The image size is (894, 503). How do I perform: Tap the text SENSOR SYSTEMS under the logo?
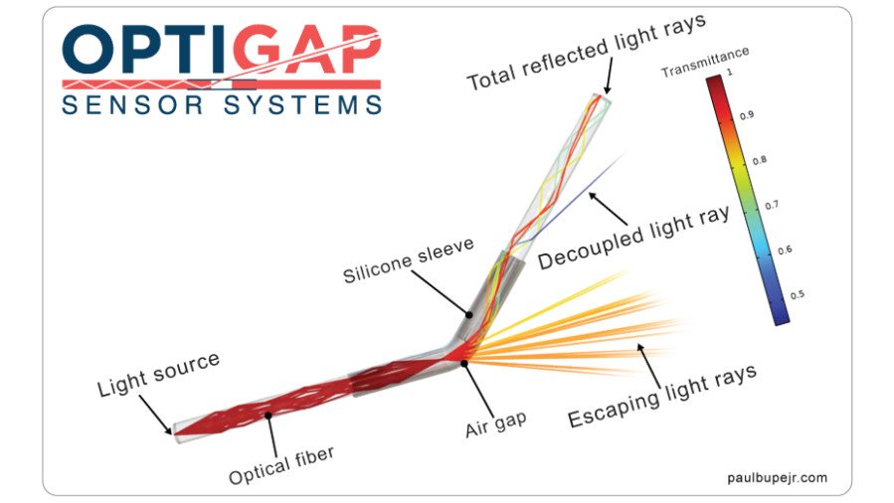221,104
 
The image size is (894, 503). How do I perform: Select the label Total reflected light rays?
587,51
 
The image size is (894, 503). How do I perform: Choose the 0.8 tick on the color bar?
746,160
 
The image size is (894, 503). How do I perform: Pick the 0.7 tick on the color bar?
746,204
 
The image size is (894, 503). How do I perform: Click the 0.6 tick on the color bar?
746,249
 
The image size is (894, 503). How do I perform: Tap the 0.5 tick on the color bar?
746,294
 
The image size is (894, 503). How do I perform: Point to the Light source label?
157,374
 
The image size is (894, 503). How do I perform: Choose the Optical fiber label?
281,465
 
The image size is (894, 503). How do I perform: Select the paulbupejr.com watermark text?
775,478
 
